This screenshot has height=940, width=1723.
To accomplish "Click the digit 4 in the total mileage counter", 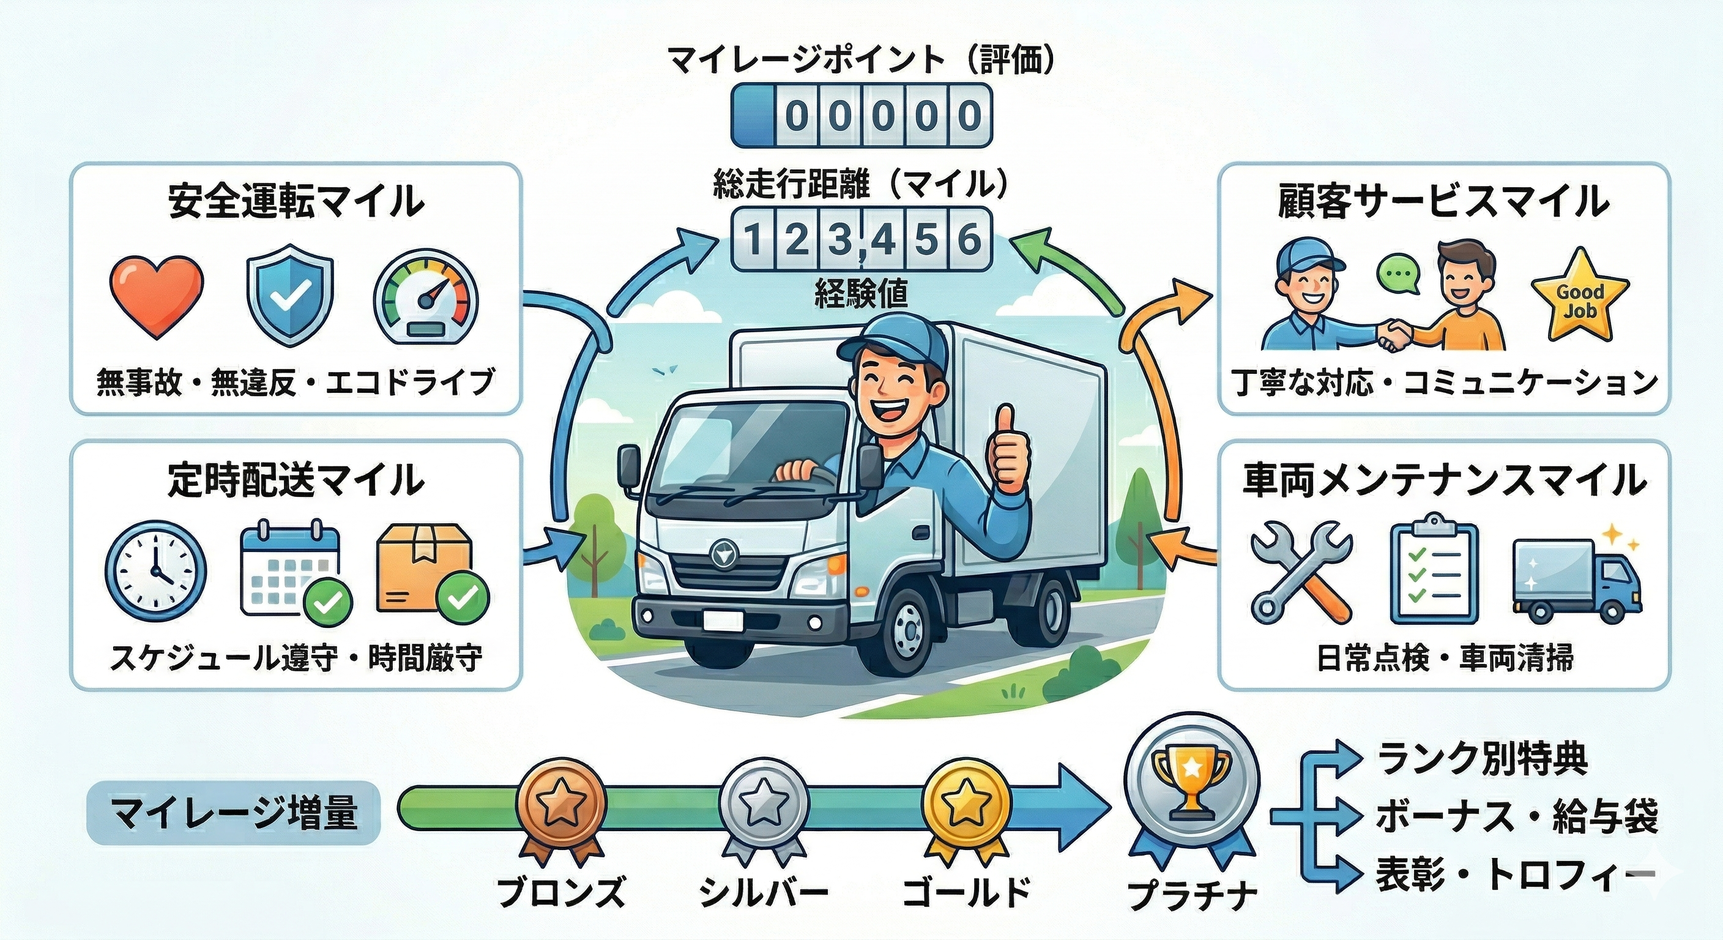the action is [x=884, y=239].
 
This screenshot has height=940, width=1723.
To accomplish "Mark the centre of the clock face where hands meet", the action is [x=156, y=572].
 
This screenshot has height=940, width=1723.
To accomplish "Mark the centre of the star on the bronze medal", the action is [x=561, y=805].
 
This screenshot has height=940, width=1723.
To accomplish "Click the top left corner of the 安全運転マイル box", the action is [x=72, y=164].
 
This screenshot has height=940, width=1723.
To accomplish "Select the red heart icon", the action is [x=156, y=296].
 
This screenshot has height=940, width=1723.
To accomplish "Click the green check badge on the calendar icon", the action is [x=328, y=602].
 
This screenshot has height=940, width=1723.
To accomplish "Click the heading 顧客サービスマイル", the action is [x=1444, y=202].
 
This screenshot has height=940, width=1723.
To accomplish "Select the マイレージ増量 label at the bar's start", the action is [x=234, y=813].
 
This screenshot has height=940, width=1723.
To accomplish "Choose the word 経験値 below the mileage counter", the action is [x=861, y=293].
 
